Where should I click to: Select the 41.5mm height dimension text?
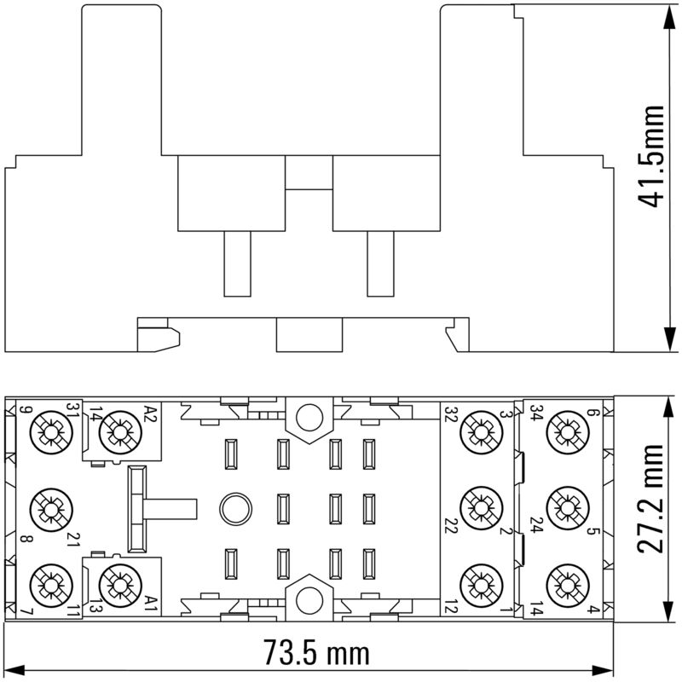[x=652, y=157]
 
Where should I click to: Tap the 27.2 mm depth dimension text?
[x=652, y=509]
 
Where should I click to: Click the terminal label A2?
[x=150, y=415]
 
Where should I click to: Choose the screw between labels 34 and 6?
[x=564, y=433]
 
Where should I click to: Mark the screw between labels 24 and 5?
[x=564, y=509]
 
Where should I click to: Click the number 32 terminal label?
[x=450, y=414]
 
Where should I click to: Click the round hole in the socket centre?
[x=231, y=509]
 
